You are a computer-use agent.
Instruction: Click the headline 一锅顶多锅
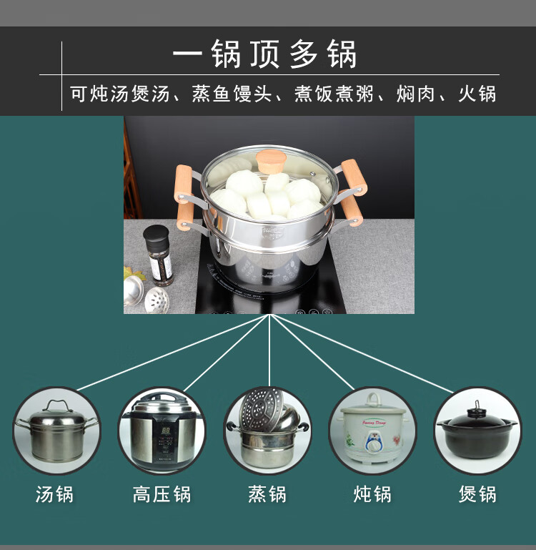264,54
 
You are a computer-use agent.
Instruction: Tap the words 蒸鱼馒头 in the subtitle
232,94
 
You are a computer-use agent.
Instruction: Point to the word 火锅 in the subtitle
477,94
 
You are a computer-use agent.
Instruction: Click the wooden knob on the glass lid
271,161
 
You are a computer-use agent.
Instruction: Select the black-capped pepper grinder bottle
158,255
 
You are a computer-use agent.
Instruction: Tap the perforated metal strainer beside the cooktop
157,300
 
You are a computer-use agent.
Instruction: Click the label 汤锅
55,494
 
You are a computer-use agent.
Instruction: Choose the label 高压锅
162,494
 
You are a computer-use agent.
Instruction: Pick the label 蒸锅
267,494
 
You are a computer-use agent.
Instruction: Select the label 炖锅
372,494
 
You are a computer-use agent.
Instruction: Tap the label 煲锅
477,494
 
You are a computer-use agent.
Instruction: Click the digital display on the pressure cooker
166,431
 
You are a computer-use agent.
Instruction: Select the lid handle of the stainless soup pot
58,405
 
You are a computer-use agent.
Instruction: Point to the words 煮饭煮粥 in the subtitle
334,94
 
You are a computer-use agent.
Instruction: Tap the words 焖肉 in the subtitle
416,94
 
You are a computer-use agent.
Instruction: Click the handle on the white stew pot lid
372,399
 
